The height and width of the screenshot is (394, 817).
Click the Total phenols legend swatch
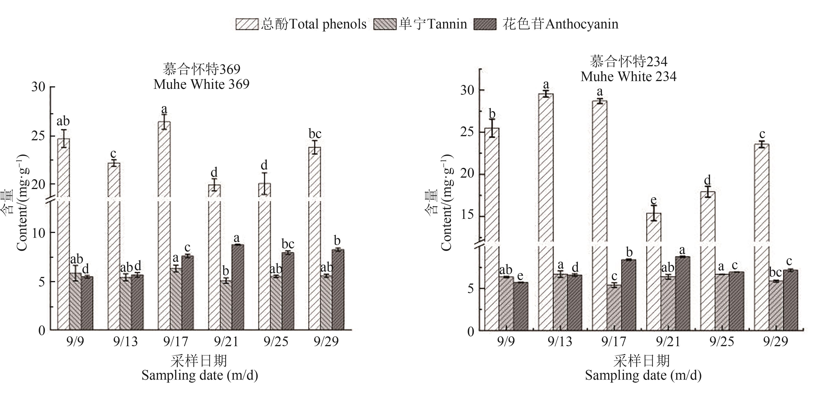tap(247, 24)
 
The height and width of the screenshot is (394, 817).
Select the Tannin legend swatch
tap(385, 24)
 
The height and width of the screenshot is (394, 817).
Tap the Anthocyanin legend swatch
tap(485, 24)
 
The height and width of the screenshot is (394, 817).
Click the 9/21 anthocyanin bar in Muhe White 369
tap(238, 287)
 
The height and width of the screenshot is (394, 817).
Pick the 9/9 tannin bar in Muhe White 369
tap(75, 302)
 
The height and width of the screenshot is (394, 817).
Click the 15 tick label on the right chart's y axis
tap(467, 215)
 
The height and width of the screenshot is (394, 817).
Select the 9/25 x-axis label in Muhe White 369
tap(276, 342)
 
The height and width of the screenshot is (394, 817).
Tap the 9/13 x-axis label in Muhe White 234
tap(560, 342)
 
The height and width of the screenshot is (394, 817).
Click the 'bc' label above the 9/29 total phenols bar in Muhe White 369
tap(315, 134)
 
